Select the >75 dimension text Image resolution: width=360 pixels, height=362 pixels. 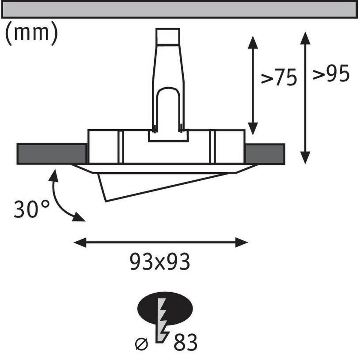[279, 77]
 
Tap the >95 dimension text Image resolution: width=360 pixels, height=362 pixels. [331, 73]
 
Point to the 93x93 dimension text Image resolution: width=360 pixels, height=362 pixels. [160, 261]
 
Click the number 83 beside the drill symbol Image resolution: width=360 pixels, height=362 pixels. [186, 342]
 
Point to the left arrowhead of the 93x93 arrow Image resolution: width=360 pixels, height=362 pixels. [80, 242]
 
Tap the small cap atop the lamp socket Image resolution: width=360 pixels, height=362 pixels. [168, 36]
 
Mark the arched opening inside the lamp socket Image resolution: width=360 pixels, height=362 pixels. [168, 108]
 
